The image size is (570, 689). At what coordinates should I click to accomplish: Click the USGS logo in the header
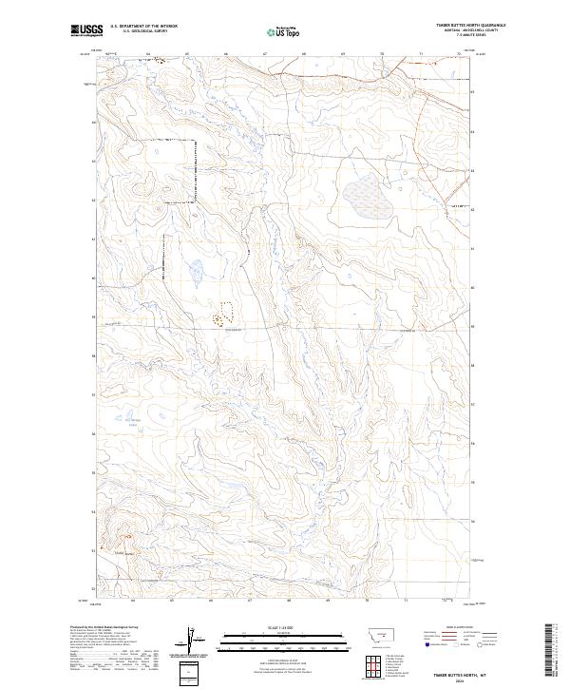click(x=86, y=31)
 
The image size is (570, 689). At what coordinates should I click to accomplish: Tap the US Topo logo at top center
click(x=285, y=31)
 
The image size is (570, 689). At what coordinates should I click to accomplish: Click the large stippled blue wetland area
click(x=370, y=198)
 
